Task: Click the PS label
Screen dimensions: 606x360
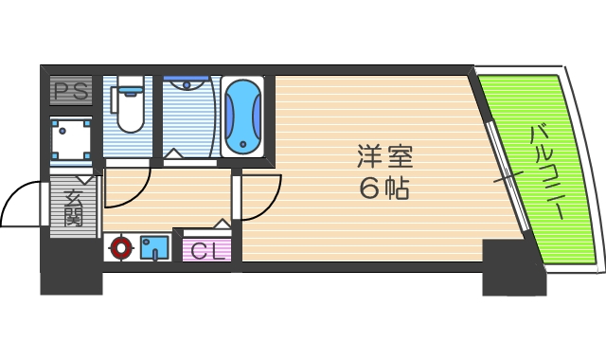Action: point(70,93)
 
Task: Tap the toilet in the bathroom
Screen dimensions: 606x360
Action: point(130,111)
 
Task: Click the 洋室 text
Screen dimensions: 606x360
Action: point(384,154)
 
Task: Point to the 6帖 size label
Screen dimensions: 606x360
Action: point(384,188)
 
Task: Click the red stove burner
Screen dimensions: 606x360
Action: point(119,249)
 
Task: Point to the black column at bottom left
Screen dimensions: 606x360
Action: point(70,276)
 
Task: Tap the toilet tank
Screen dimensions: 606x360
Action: point(130,89)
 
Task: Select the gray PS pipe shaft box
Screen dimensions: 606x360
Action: point(70,93)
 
